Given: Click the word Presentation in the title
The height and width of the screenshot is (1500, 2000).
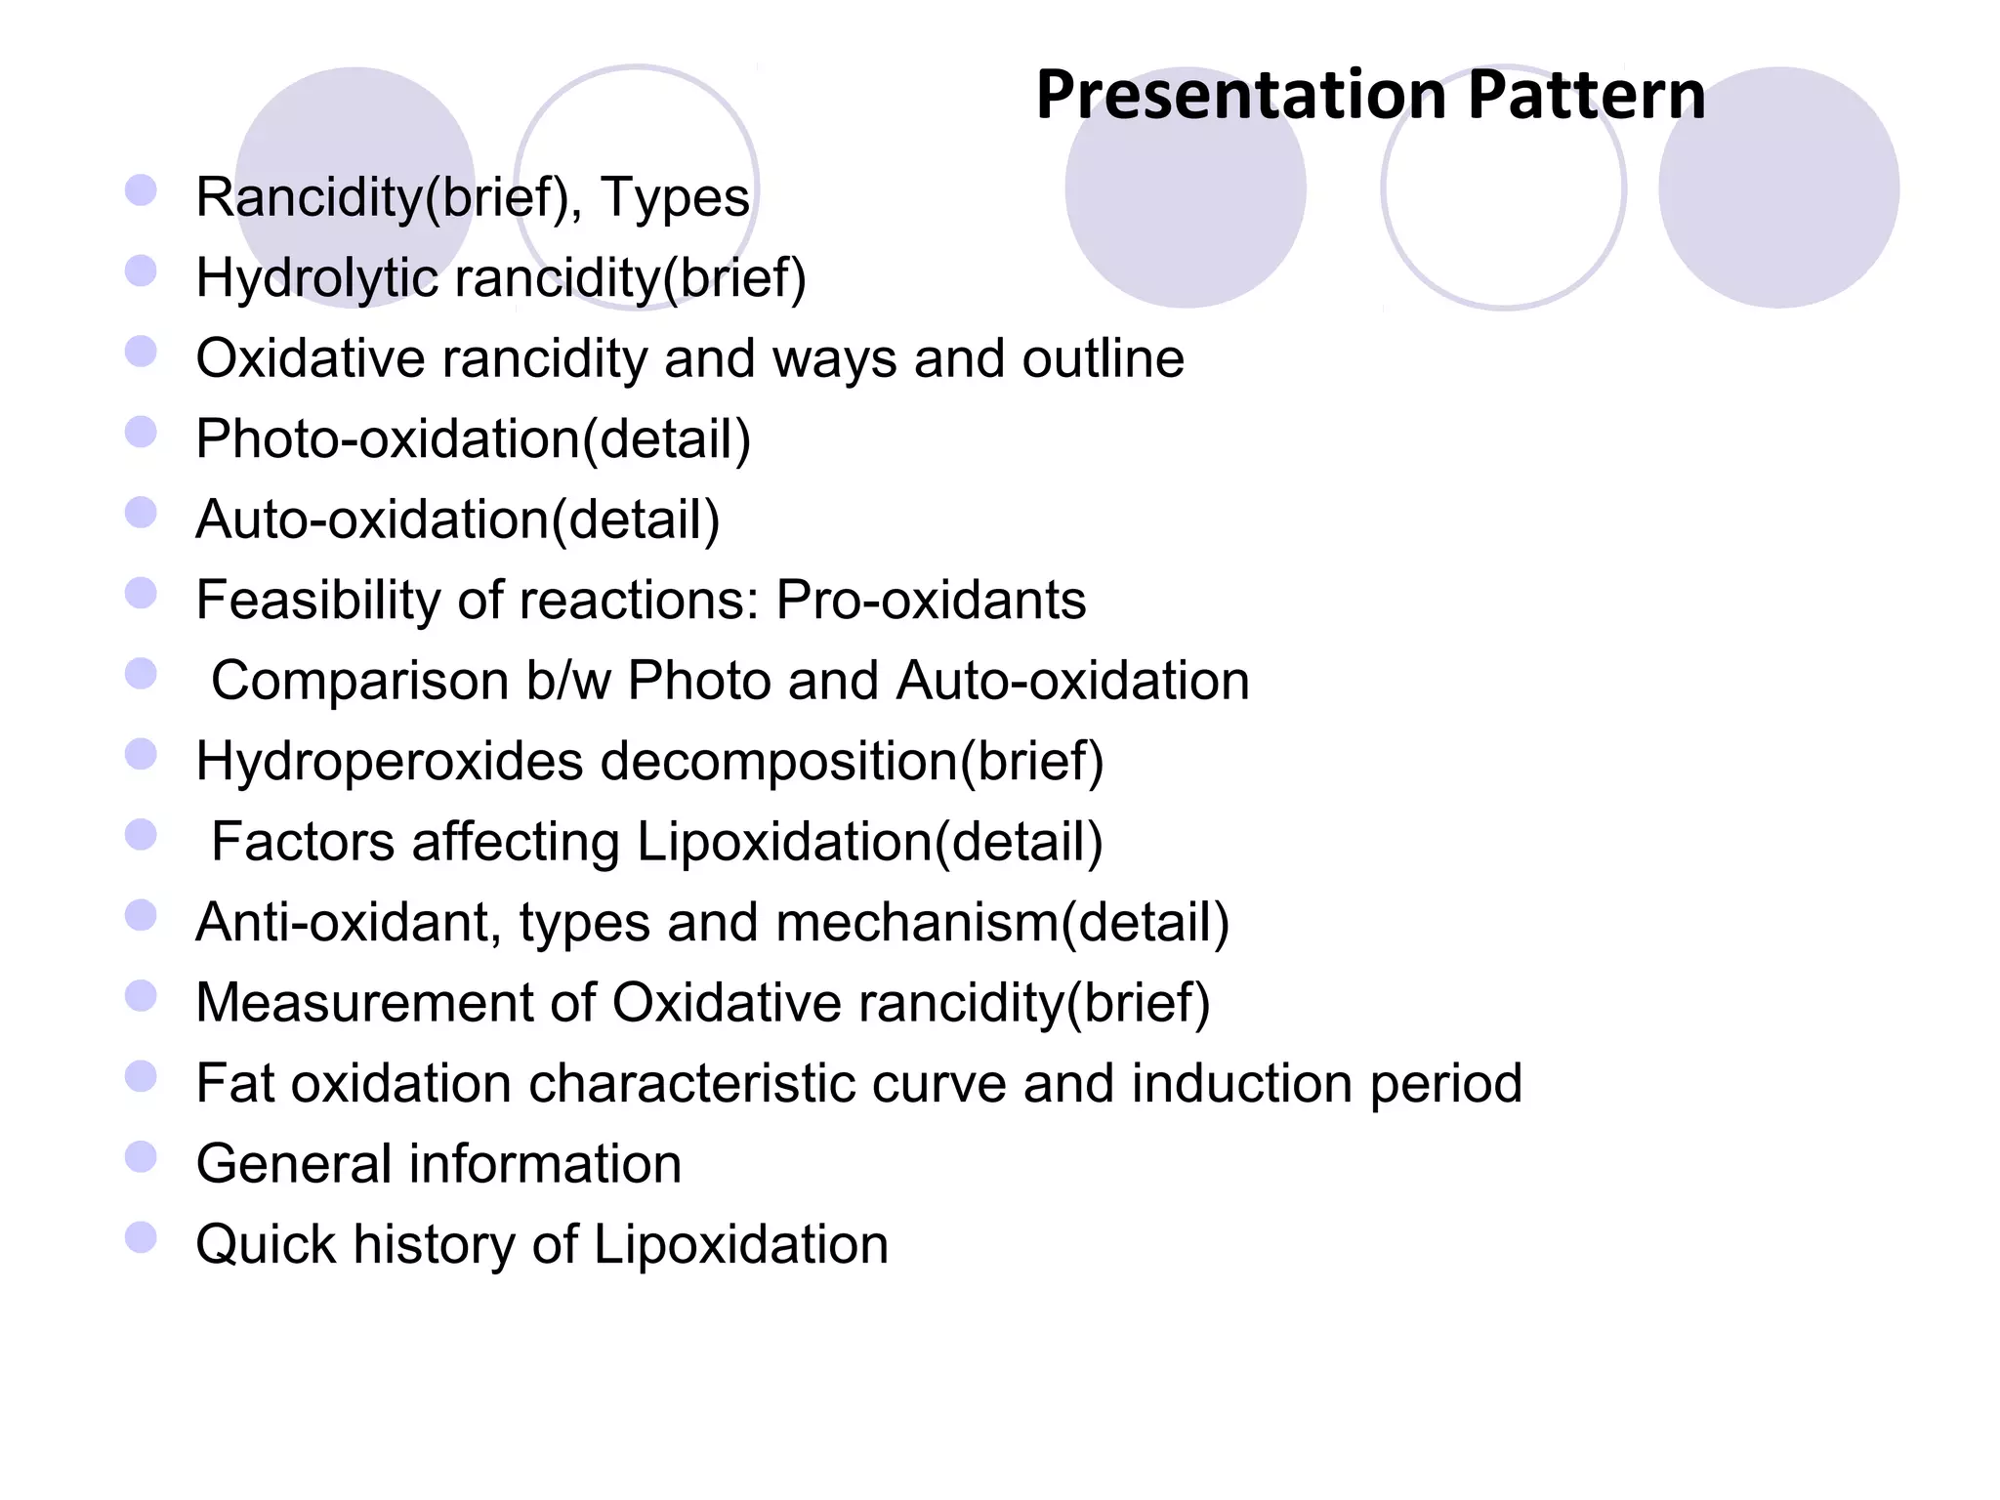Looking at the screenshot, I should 1240,96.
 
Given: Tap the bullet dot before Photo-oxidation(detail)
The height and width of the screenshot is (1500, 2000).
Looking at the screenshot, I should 142,432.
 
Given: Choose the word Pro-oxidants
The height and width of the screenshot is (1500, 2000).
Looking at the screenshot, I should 931,600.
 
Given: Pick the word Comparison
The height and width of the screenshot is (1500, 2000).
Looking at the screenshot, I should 359,681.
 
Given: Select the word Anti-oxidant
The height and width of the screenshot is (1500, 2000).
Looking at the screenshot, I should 349,922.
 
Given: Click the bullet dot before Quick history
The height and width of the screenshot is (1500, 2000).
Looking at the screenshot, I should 142,1237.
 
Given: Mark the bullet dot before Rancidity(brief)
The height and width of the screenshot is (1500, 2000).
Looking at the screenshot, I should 142,190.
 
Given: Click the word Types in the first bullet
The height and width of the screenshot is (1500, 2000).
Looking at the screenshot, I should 675,197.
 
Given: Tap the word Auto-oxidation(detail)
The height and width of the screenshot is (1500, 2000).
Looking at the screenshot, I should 458,520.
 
